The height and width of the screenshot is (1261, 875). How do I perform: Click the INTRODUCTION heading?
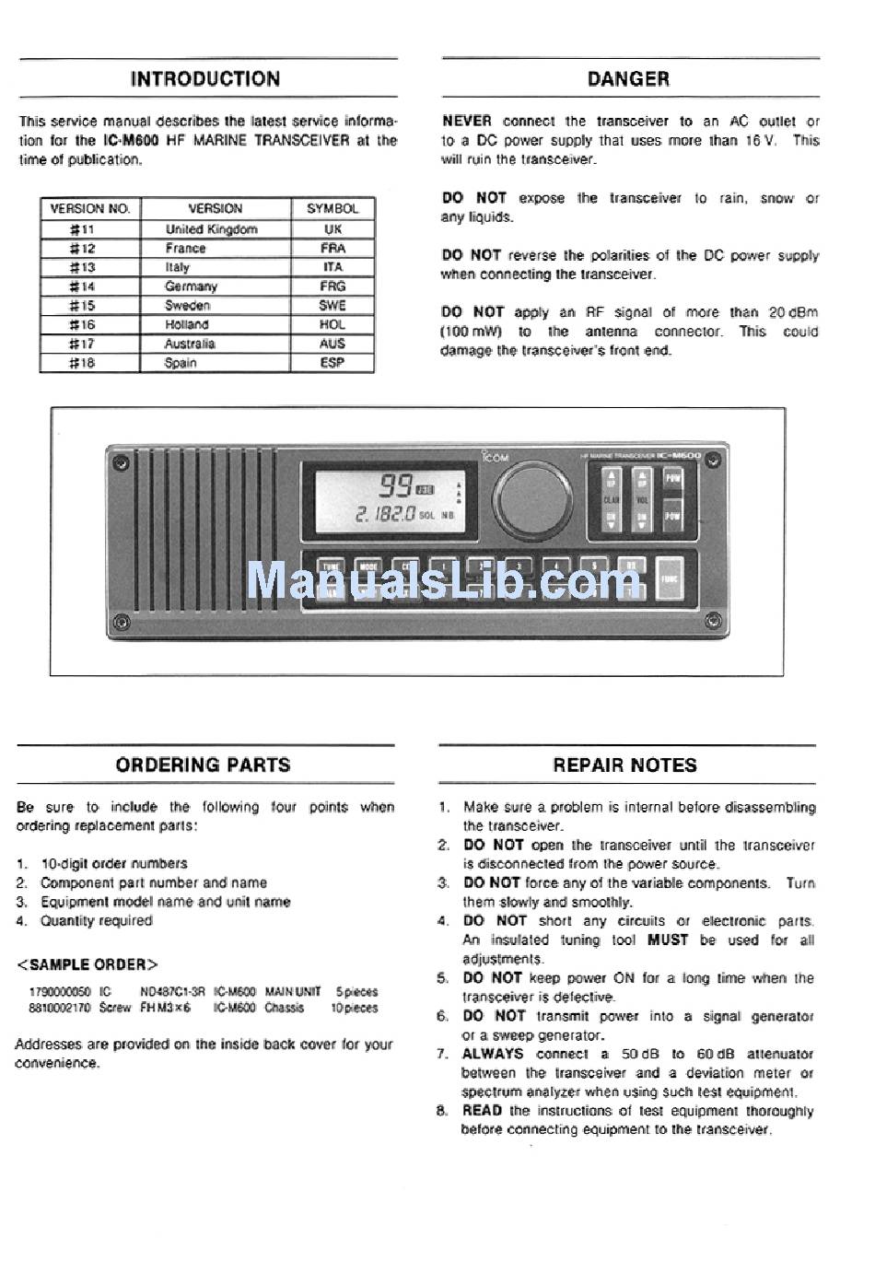tap(205, 79)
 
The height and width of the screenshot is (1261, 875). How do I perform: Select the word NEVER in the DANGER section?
tap(466, 121)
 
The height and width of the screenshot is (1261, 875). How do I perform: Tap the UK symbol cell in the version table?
tap(332, 229)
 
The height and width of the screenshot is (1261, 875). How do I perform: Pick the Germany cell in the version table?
tap(191, 286)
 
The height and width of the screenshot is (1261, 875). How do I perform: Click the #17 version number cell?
tap(82, 344)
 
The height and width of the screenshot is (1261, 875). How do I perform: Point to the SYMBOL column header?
tap(332, 209)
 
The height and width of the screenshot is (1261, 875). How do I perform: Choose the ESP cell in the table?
tap(332, 363)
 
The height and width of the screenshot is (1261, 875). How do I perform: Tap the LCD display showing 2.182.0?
tap(390, 501)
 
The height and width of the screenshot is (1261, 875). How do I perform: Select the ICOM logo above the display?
tap(495, 455)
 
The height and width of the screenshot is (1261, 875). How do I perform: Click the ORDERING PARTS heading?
tap(203, 765)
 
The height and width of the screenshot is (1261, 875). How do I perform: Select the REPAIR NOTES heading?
tap(624, 765)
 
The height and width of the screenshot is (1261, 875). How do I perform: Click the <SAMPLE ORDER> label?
tap(87, 964)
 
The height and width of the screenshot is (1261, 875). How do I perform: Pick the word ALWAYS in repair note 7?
tap(493, 1054)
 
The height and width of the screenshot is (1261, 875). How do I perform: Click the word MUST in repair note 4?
tap(668, 940)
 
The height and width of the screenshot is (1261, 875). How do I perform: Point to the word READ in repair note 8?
tap(482, 1111)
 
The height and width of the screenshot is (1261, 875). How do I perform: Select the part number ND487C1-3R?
tap(172, 992)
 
